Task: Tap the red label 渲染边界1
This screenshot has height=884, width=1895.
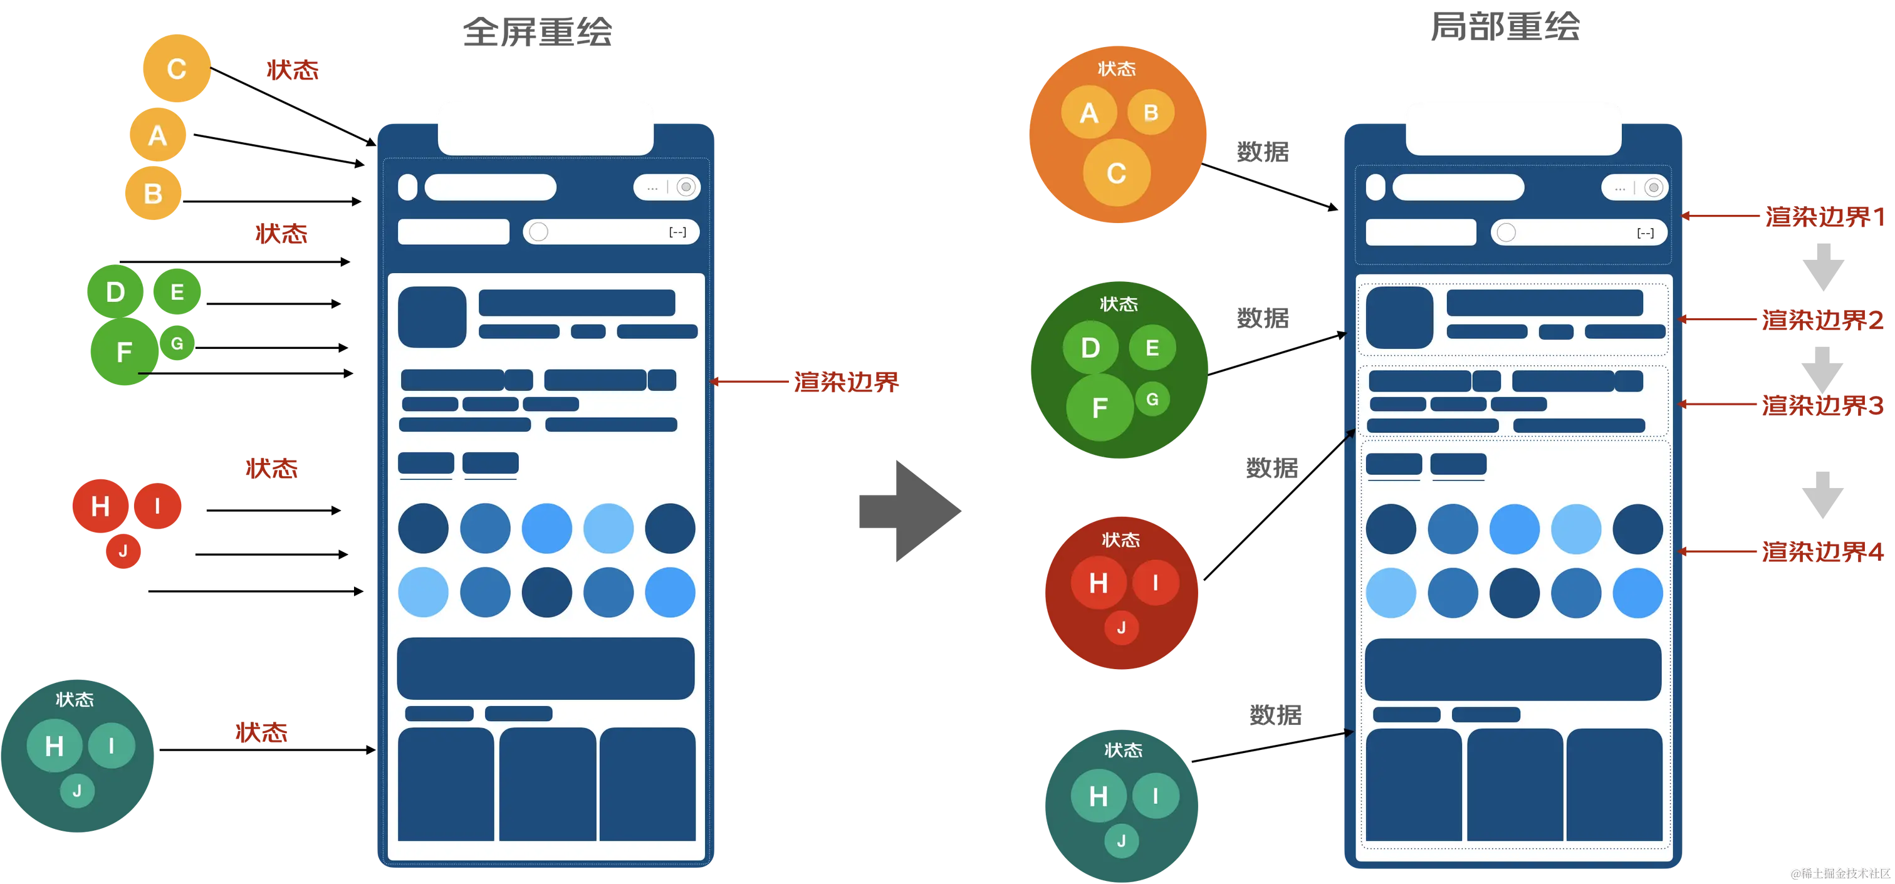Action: pos(1825,217)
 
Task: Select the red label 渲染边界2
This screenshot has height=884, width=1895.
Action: pos(1822,320)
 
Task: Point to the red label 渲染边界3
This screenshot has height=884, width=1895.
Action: pos(1822,405)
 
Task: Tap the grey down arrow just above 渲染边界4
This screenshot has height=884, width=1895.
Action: pos(1823,495)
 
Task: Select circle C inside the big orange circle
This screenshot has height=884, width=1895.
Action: pos(1116,174)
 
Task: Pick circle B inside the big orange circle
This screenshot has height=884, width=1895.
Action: pos(1151,113)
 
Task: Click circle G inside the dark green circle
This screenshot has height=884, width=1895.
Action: pos(1152,399)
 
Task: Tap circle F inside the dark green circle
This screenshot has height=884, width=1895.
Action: pos(1100,407)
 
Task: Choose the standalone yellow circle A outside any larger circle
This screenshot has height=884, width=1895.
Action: pos(157,135)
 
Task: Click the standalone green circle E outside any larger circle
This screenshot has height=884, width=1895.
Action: pos(177,292)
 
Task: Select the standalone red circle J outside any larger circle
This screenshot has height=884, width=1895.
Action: pos(123,551)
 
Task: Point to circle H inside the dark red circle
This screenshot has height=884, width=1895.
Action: pos(1099,583)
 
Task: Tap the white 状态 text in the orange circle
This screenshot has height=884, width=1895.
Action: pos(1117,69)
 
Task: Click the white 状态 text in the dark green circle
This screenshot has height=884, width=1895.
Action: pos(1118,304)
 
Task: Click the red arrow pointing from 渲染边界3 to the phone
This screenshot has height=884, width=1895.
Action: pos(1718,403)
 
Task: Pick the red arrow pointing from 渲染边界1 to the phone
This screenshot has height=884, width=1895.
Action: pos(1721,216)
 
